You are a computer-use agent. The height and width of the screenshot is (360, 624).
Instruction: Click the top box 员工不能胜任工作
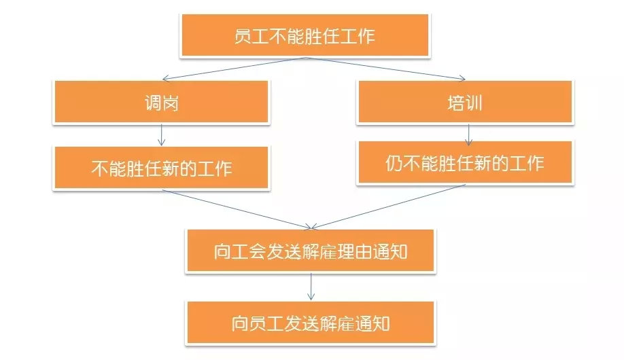click(305, 35)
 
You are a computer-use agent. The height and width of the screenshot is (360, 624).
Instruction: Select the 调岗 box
click(161, 102)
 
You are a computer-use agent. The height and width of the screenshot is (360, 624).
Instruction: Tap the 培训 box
click(465, 102)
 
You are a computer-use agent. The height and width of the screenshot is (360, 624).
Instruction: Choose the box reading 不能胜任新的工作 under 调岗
click(161, 168)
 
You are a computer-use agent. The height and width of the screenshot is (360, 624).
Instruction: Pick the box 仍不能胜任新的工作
click(465, 162)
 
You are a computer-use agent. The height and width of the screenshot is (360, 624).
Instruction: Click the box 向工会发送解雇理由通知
click(311, 251)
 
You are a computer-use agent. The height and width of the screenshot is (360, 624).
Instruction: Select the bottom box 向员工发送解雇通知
click(311, 323)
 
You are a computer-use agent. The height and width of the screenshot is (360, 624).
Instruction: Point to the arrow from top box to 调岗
click(234, 69)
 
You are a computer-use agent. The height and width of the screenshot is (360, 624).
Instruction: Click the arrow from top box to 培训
click(385, 69)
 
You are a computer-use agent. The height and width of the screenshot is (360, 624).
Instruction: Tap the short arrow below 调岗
click(161, 135)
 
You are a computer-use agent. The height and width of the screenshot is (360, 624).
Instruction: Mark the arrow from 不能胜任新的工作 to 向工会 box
click(237, 209)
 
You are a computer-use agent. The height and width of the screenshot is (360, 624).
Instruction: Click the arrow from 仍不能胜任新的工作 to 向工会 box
click(388, 206)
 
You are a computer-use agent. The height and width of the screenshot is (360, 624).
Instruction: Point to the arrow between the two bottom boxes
click(311, 287)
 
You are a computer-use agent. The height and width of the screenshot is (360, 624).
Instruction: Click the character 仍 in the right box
click(394, 163)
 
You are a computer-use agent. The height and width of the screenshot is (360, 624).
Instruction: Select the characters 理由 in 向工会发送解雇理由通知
click(354, 251)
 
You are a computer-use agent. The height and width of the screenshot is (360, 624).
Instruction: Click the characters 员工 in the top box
click(251, 36)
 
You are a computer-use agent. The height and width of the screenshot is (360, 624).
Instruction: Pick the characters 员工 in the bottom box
click(266, 323)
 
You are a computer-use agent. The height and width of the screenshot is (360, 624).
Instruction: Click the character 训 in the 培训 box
click(474, 103)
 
